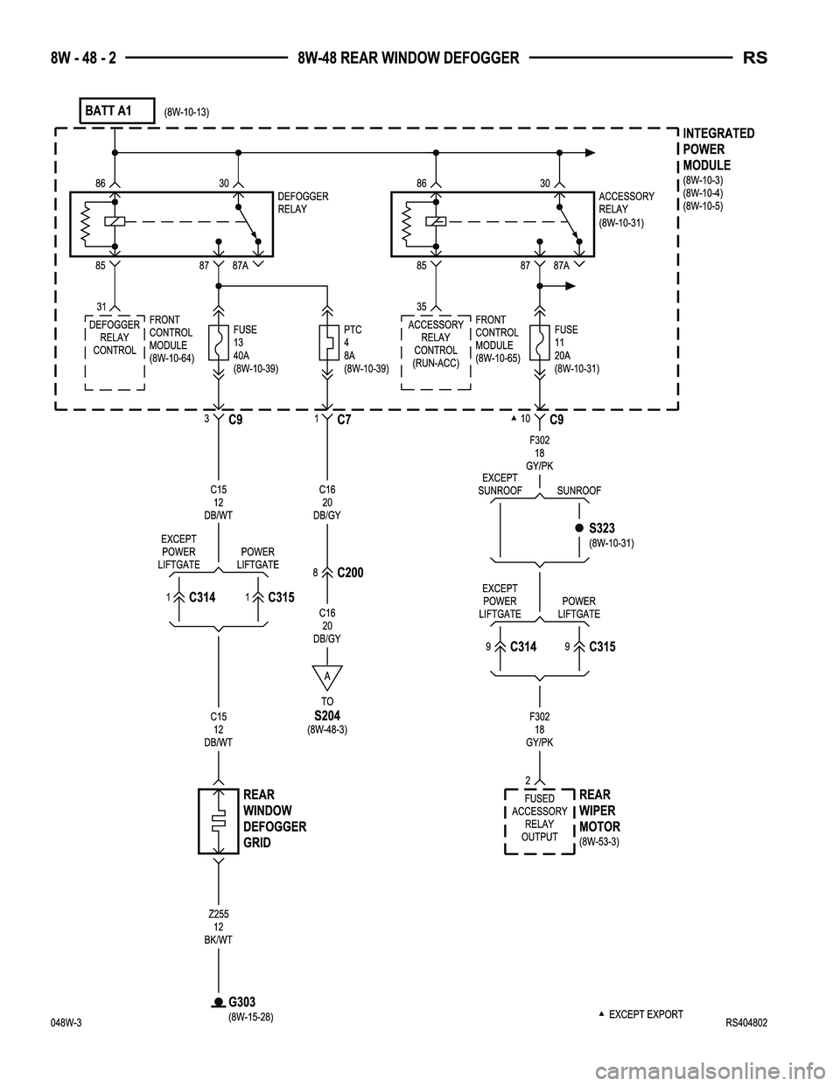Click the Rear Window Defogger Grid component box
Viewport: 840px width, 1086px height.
click(x=218, y=820)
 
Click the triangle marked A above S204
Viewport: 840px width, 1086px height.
click(x=326, y=678)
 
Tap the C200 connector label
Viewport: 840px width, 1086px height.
click(x=349, y=573)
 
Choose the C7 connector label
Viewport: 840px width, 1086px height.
click(x=346, y=421)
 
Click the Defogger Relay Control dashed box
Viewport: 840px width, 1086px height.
click(x=115, y=351)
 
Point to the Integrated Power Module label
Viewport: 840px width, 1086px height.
click(x=717, y=149)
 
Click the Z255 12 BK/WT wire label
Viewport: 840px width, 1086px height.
click(x=218, y=927)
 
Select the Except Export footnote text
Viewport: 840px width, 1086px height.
click(x=645, y=1014)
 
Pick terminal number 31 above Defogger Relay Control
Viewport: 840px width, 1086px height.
click(x=101, y=306)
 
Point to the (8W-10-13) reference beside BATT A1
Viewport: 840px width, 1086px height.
click(x=186, y=112)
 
